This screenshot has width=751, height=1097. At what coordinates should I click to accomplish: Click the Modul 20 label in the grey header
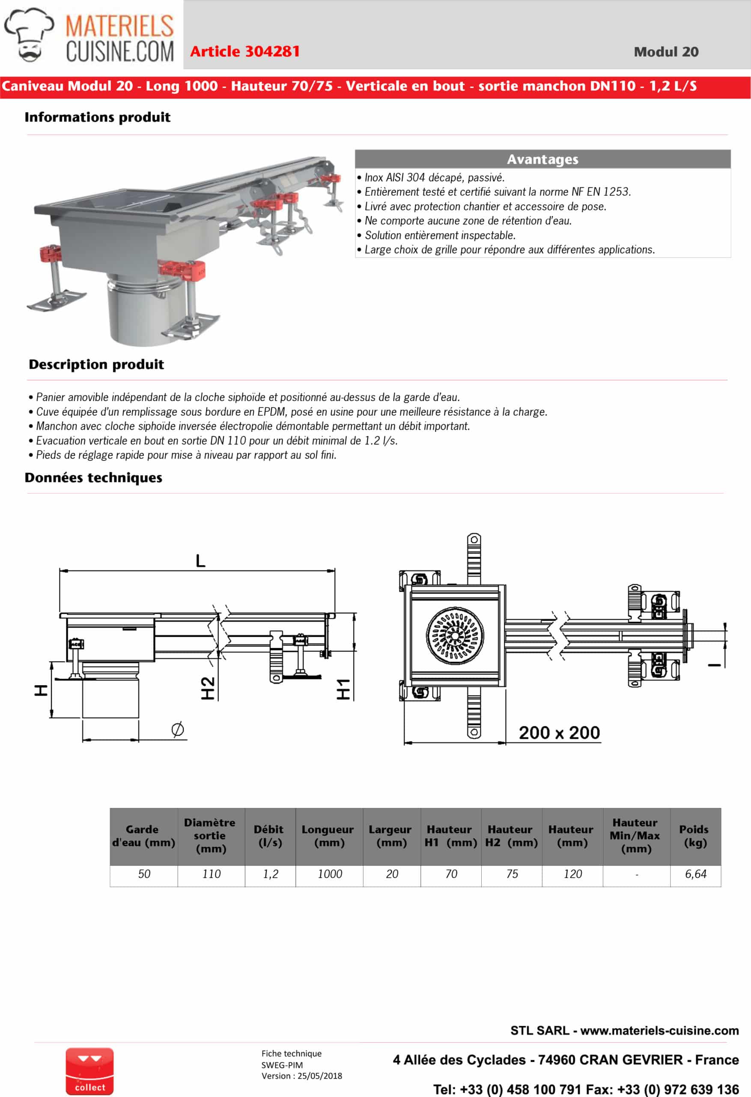point(666,52)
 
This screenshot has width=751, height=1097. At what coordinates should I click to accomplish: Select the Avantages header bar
point(542,159)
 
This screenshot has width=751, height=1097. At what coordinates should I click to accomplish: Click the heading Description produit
point(96,364)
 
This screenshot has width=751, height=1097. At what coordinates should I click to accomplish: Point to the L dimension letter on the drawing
point(200,561)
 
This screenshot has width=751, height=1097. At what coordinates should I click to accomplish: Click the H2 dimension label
point(208,688)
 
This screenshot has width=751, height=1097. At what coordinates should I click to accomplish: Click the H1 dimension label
point(343,689)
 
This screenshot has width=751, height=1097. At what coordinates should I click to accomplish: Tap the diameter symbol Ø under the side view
point(177,729)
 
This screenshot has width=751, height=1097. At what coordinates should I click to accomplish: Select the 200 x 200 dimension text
point(560,733)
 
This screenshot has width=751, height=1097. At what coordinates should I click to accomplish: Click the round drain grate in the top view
point(455,636)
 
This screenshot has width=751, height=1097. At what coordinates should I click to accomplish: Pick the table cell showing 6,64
point(695,874)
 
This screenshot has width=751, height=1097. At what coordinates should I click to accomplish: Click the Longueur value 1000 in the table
point(329,874)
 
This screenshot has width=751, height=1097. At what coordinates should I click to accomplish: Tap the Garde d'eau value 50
point(144,874)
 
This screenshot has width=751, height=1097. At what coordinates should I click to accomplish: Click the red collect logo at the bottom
point(89,1072)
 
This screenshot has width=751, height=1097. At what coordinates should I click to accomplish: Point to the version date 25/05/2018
point(319,1076)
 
